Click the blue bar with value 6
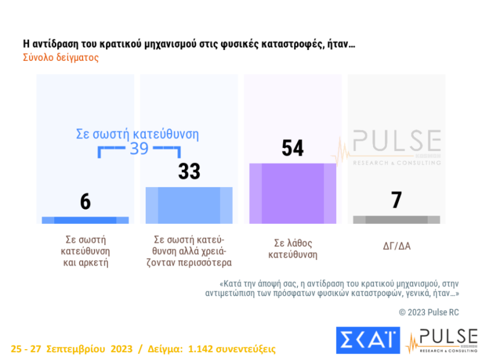pos(85,220)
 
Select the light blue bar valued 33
pos(189,205)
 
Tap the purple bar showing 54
pos(293,193)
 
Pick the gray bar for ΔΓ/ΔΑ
pos(396,220)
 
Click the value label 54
pos(293,147)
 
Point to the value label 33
pos(189,172)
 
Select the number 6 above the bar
pos(85,202)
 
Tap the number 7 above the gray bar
pos(396,200)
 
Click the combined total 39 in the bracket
pos(139,149)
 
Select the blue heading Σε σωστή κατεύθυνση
pos(137,134)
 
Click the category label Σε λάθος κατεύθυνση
pos(293,248)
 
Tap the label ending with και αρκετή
pos(85,252)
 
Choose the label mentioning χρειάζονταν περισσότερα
pos(189,252)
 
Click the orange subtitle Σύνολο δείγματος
pos(60,58)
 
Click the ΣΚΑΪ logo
pos(367,340)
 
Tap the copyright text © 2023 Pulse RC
pos(429,312)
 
